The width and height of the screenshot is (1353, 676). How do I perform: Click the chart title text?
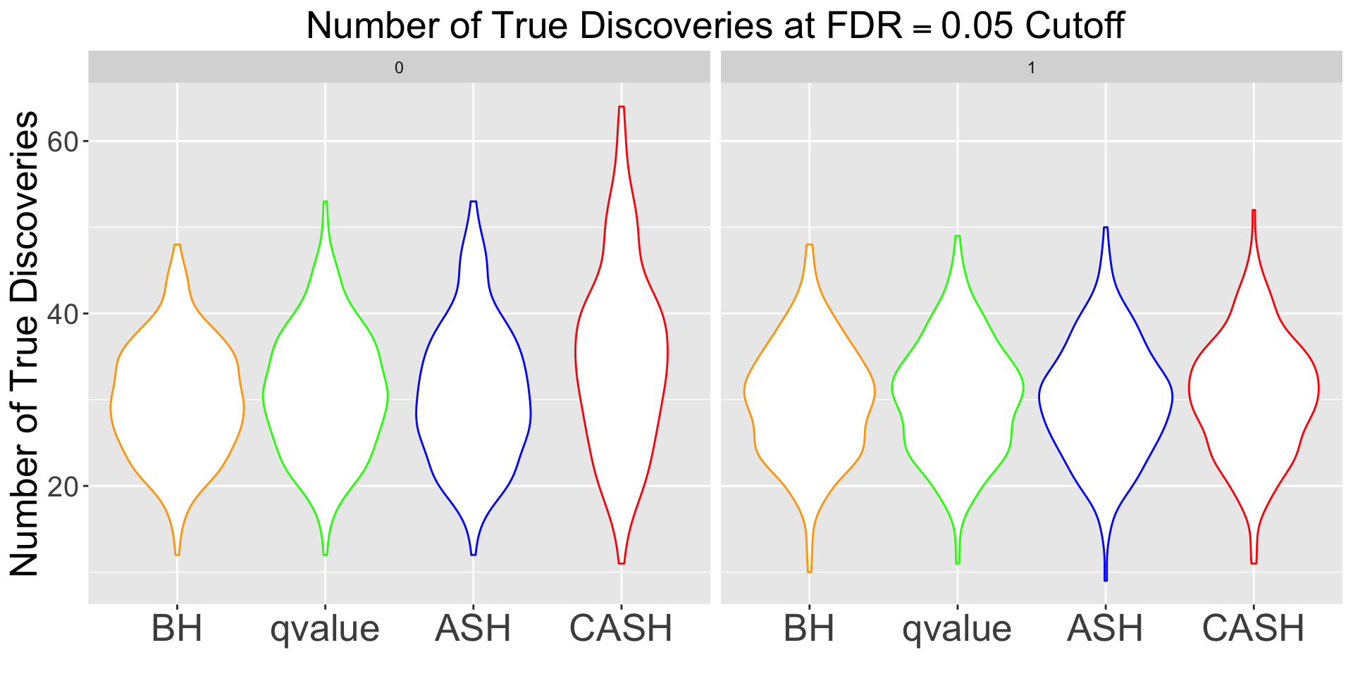tap(715, 27)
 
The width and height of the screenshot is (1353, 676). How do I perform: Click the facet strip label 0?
tap(399, 68)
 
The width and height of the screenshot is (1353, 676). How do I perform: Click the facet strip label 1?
tap(1032, 68)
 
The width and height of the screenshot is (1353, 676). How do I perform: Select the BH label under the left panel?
tap(177, 629)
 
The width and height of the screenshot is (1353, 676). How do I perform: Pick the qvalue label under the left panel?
tap(325, 629)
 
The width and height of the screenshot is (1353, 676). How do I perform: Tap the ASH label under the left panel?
tap(473, 629)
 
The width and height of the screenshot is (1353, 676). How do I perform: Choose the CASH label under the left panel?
tap(621, 629)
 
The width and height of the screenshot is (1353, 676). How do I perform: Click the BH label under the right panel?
tap(809, 629)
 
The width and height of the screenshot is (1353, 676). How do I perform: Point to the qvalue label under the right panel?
tap(957, 629)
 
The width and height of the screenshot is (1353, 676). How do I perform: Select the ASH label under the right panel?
tap(1105, 629)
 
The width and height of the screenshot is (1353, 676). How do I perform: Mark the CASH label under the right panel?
tap(1254, 629)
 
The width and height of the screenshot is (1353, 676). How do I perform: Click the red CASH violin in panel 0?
tap(621, 352)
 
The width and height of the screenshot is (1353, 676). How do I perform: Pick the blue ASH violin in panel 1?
tap(1105, 394)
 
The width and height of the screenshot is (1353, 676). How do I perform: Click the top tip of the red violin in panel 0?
tap(621, 107)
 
